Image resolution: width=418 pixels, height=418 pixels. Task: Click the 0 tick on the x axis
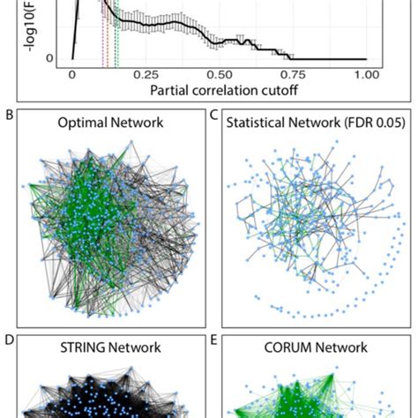pos(72,76)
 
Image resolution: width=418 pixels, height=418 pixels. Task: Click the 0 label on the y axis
pos(50,59)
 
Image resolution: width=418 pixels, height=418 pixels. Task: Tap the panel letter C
pos(213,113)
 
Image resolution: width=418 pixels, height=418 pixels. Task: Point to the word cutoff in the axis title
pos(269,91)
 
